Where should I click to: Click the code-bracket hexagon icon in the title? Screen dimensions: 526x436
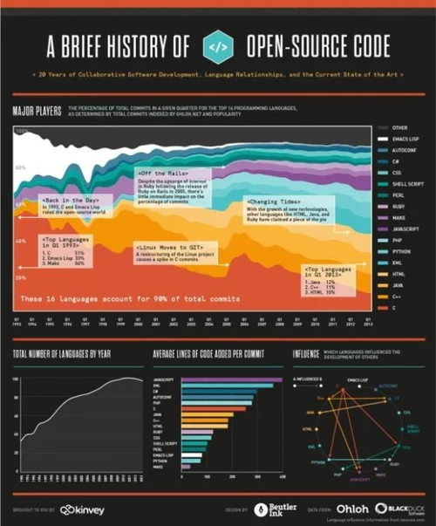[x=217, y=45]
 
